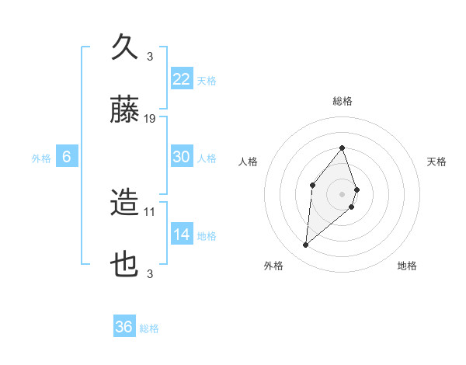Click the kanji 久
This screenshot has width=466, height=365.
pos(125,47)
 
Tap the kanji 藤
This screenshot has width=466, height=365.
pos(125,110)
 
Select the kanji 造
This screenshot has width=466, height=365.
pos(125,203)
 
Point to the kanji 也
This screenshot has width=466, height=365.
pos(125,266)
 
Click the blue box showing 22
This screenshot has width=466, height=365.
pos(182,78)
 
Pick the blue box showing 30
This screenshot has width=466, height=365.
pos(182,157)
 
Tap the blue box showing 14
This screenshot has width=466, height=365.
pos(182,235)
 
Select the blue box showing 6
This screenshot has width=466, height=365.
pos(67,157)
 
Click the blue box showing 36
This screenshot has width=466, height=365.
pos(124,327)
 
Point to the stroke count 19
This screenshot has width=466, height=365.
pos(151,119)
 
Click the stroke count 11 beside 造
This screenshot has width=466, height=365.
pos(151,211)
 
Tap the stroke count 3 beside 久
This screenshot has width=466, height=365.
pos(150,56)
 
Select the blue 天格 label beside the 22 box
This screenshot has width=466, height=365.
pos(207,80)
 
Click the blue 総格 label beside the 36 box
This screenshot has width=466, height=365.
pos(149,328)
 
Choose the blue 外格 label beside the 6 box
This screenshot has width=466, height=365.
pos(41,158)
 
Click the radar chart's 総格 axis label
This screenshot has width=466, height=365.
pos(343,101)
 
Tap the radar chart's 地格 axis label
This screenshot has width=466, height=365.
pos(407,266)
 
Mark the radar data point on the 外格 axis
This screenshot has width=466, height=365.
pos(306,245)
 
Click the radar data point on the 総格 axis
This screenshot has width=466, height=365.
pos(343,148)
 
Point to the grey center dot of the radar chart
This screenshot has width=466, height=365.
pos(343,193)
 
